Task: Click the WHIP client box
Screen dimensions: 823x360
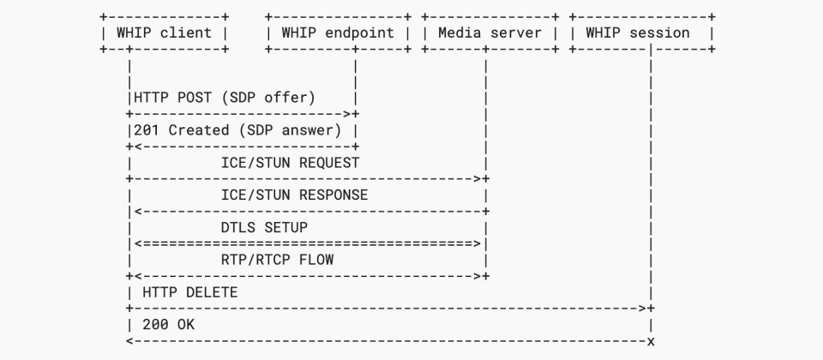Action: [165, 33]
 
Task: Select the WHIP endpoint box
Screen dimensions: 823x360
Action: [338, 33]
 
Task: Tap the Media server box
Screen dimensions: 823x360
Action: [490, 33]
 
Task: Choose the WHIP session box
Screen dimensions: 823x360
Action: [642, 33]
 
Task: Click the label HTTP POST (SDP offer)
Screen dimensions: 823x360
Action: [225, 98]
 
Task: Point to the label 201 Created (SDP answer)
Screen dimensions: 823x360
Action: [237, 130]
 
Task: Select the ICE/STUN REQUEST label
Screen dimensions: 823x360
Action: [291, 163]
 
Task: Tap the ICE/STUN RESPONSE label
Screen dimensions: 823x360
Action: [294, 195]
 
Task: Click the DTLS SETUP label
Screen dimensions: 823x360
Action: [264, 228]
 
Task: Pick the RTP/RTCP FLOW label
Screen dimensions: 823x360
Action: [277, 260]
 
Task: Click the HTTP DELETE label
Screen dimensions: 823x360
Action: [190, 292]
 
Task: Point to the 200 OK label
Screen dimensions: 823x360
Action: [169, 325]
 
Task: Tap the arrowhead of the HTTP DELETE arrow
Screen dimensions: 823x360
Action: [644, 309]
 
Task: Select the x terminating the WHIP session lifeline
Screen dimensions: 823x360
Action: [651, 342]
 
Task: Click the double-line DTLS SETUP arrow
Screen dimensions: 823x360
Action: [308, 243]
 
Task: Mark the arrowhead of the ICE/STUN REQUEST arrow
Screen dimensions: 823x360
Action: [478, 179]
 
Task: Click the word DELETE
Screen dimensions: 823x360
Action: [212, 292]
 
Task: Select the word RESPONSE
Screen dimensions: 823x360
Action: [333, 195]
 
